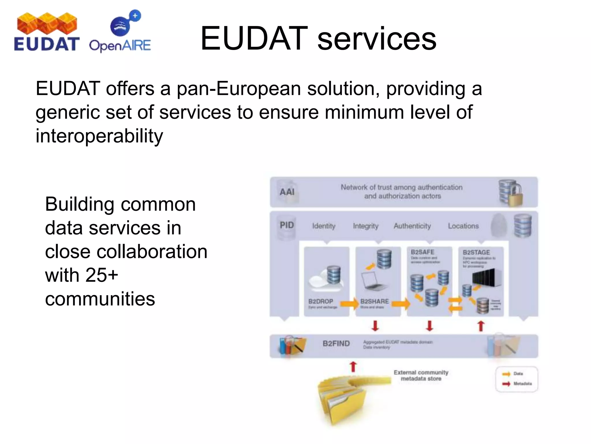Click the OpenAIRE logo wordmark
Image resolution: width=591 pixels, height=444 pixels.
coord(120,46)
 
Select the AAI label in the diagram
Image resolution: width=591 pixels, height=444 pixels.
coord(287,192)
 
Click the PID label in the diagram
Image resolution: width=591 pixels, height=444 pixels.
coord(287,225)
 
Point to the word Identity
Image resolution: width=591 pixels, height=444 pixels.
coord(323,226)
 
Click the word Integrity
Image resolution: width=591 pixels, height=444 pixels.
coord(365,226)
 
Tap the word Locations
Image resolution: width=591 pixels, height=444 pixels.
coord(463,226)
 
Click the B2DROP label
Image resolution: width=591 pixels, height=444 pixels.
coord(321,301)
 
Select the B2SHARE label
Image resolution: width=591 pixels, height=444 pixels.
coord(374,301)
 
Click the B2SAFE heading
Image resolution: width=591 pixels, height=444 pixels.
coord(422,252)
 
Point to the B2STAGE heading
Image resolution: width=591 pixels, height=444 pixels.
coord(476,252)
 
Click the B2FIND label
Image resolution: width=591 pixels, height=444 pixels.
coord(336,343)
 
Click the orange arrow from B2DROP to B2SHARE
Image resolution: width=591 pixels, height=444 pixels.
coord(349,304)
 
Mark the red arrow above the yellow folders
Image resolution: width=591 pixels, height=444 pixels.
coord(353,367)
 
